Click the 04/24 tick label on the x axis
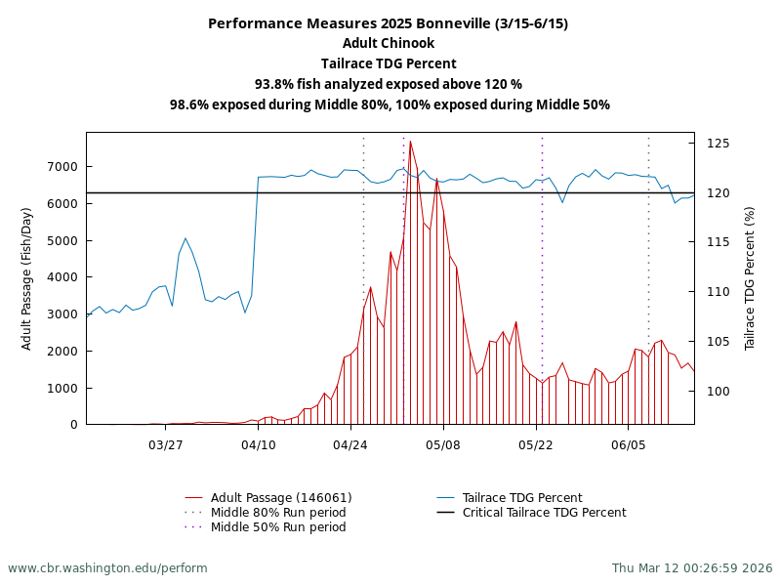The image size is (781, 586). tap(349, 445)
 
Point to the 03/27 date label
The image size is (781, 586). tap(165, 445)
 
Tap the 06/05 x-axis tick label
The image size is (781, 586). tap(628, 445)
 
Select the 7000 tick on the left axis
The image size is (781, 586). tap(63, 167)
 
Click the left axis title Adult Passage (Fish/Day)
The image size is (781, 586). tap(27, 278)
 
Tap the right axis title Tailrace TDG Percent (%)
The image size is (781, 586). tap(750, 278)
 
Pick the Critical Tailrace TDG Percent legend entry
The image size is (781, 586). tap(544, 513)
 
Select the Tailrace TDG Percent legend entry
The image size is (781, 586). tap(522, 498)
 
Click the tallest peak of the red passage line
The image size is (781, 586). tap(410, 142)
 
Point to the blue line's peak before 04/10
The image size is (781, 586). tap(185, 238)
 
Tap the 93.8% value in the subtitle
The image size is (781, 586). tap(274, 84)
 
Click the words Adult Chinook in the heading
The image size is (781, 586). tap(389, 43)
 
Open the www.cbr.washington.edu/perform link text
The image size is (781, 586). tap(107, 568)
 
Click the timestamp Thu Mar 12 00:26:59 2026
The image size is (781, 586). tap(692, 568)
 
